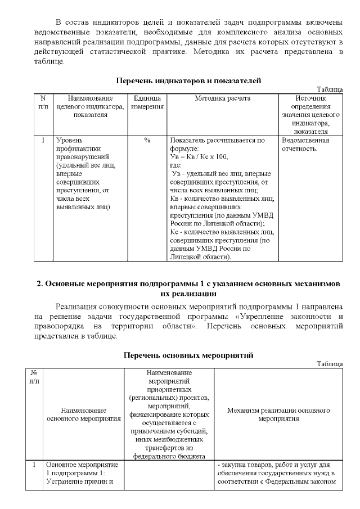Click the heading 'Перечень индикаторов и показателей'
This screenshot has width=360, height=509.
tap(188, 81)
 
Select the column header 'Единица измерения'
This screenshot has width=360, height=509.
tap(147, 102)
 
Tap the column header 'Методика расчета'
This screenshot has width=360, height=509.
tap(223, 98)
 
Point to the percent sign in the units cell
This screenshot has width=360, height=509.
tap(147, 140)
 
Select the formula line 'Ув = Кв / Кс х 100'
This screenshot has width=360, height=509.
tap(199, 157)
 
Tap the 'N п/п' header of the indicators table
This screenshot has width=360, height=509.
tap(43, 102)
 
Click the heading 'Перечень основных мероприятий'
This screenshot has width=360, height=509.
tap(188, 355)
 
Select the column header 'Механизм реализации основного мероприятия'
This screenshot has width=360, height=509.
tap(278, 415)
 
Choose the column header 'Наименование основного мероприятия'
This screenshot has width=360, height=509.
tap(83, 415)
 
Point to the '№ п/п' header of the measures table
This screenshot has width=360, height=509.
tap(34, 377)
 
